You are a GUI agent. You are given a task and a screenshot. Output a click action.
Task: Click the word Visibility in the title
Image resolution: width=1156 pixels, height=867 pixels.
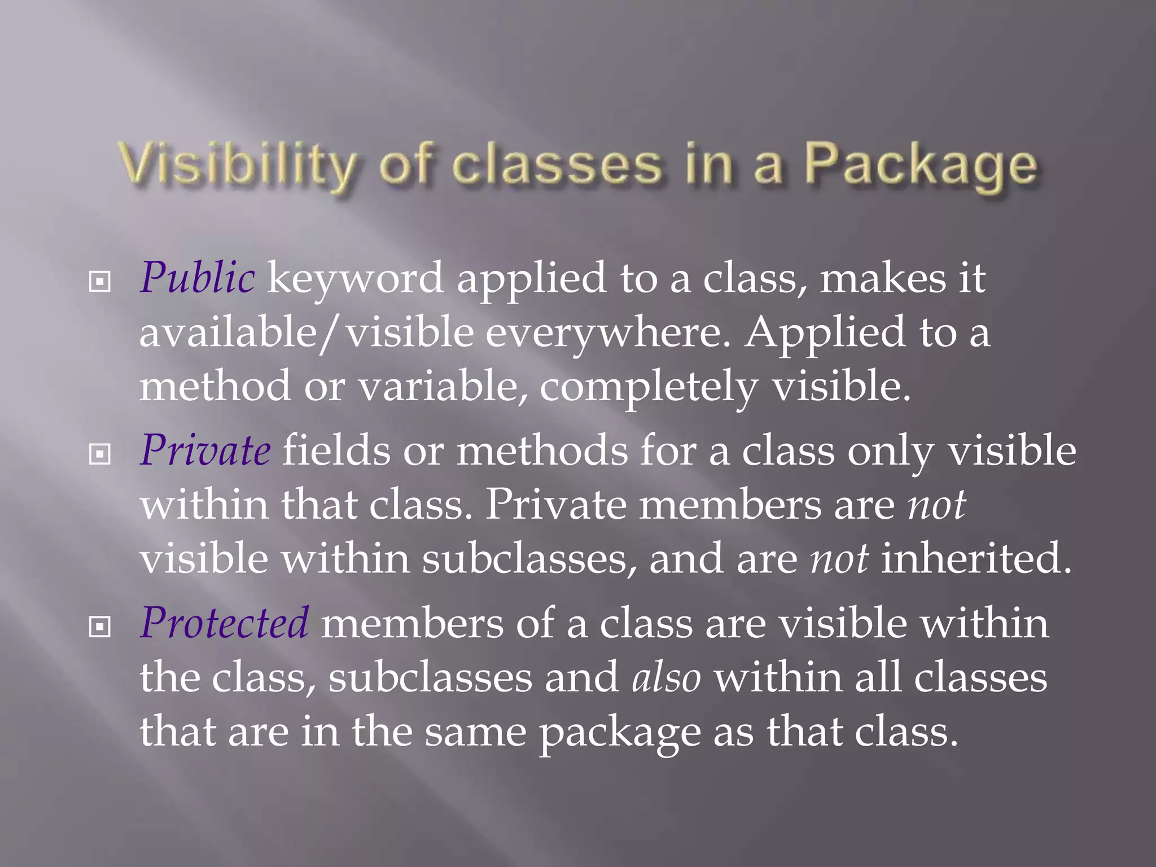point(237,164)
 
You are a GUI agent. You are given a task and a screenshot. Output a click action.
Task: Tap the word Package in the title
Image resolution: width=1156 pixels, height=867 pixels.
point(920,165)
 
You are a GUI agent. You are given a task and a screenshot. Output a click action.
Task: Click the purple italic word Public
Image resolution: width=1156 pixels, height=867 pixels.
point(197,278)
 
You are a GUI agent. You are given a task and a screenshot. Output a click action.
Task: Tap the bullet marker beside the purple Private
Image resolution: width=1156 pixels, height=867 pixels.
point(100,454)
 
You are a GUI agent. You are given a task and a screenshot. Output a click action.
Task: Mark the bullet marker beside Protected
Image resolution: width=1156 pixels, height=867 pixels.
point(100,627)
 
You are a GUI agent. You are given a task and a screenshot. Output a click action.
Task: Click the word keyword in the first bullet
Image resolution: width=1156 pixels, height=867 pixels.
point(355,278)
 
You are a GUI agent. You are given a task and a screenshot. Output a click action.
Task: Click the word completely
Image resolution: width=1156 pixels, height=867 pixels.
point(649,387)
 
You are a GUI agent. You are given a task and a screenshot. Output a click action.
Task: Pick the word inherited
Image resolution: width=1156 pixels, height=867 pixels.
point(976,558)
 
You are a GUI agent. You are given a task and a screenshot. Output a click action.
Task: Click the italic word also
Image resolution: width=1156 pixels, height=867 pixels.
point(667,677)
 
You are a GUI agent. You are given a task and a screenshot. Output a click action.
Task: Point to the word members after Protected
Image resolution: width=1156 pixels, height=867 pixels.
point(412,623)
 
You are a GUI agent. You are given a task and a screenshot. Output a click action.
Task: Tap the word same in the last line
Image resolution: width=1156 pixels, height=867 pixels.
point(475,732)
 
